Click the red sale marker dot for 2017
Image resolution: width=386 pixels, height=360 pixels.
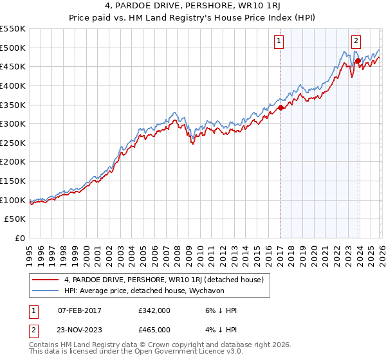pyautogui.click(x=281, y=108)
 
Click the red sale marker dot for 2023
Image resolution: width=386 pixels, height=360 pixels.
pyautogui.click(x=358, y=62)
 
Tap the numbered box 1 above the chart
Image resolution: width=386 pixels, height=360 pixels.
pyautogui.click(x=279, y=41)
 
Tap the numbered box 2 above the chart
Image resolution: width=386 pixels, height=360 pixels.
pyautogui.click(x=356, y=40)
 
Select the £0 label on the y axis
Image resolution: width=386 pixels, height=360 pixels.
pyautogui.click(x=19, y=239)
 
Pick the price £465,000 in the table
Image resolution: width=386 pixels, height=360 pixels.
pyautogui.click(x=154, y=330)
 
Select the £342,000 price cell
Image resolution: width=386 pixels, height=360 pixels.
pyautogui.click(x=154, y=310)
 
